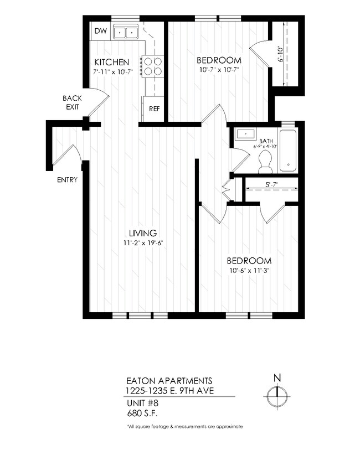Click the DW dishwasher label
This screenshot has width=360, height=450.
tap(100, 31)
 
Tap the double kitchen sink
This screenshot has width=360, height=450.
tap(126, 33)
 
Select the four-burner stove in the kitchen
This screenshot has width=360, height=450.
tap(153, 66)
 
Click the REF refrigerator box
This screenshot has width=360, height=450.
tap(154, 108)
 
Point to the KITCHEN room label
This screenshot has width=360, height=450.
tap(112, 62)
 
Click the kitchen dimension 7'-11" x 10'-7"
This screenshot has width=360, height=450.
tap(114, 72)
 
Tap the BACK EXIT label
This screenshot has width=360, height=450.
tap(73, 102)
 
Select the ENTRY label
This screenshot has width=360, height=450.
tap(67, 180)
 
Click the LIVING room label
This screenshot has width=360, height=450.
tap(143, 233)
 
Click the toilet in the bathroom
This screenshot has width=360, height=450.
tap(265, 161)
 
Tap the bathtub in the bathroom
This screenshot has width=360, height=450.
tap(288, 151)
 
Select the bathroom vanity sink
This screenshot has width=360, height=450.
tap(244, 134)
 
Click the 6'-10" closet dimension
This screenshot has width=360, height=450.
tap(282, 54)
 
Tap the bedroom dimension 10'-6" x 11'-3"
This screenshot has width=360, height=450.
tap(249, 271)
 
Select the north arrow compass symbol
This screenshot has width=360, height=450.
tap(277, 395)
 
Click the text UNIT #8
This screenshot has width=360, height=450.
tap(141, 403)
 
